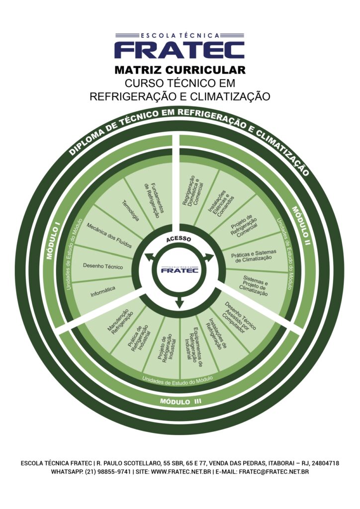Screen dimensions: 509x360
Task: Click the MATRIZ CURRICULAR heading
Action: click(180, 70)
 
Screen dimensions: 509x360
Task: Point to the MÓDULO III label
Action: click(180, 401)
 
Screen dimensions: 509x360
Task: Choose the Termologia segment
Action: click(130, 211)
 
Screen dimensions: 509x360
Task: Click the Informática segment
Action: click(103, 291)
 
